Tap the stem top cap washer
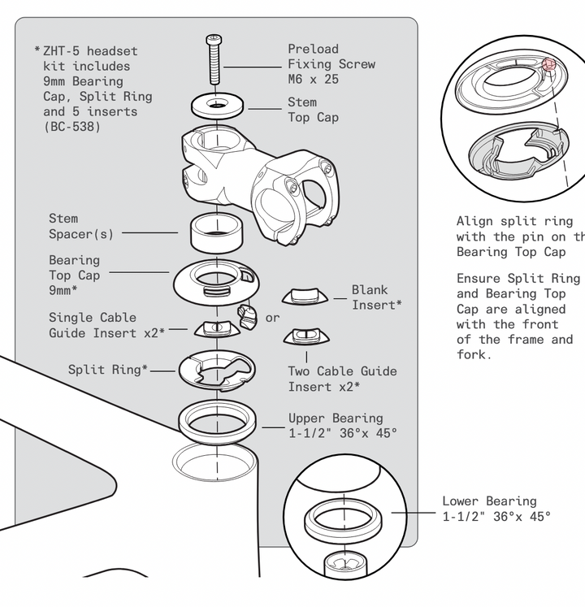217,106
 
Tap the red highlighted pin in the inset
548,64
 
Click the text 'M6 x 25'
313,80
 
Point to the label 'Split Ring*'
108,370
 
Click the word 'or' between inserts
272,318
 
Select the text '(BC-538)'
72,127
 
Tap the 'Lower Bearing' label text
489,501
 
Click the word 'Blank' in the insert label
370,289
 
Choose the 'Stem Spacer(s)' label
81,226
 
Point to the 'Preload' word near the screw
313,49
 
